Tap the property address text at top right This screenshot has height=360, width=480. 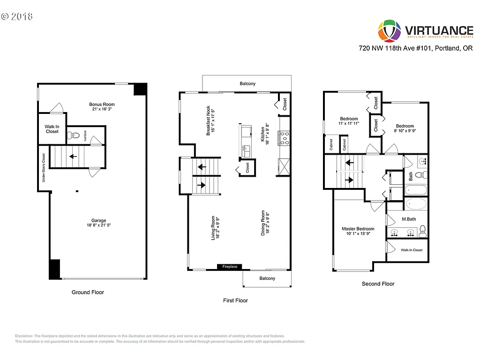coord(415,48)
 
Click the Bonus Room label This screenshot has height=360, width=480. coord(102,105)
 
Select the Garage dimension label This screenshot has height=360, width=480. coord(98,225)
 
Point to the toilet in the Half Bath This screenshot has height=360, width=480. coord(72,136)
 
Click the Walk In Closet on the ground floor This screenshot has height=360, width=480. coord(52,129)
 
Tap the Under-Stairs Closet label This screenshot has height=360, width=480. coord(43,168)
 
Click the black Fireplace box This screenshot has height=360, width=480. coord(230,267)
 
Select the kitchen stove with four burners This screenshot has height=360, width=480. coord(285,137)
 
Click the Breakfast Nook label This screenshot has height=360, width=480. coord(210,122)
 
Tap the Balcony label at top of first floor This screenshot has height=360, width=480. coord(247,84)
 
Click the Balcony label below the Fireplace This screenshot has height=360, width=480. coord(267,278)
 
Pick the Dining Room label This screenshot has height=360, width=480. coord(265,223)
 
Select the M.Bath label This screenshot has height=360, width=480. coord(409,219)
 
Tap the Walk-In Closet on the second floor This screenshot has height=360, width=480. coord(412,250)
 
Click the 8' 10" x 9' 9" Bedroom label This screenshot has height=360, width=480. coord(405,128)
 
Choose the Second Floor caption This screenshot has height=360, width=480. coord(378,284)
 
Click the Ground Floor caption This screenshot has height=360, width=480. coord(88,292)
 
